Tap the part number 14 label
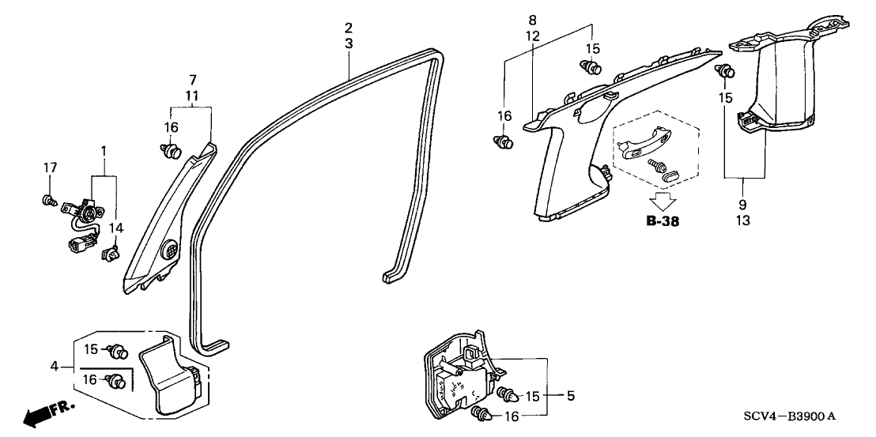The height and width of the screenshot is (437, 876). coord(116,228)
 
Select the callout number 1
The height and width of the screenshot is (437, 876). coord(102,150)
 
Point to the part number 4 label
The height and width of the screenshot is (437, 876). coord(54,366)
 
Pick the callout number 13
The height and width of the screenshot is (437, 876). coord(743,220)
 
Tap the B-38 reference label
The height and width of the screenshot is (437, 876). coord(663,222)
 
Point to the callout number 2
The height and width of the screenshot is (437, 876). coord(349,28)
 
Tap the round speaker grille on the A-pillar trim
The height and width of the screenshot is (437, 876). coord(171,251)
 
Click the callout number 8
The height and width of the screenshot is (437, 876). coord(533,20)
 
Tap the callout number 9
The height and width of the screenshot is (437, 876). coord(743,205)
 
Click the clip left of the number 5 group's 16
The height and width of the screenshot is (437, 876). coord(481,413)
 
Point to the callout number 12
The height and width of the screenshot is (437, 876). coord(533,36)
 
